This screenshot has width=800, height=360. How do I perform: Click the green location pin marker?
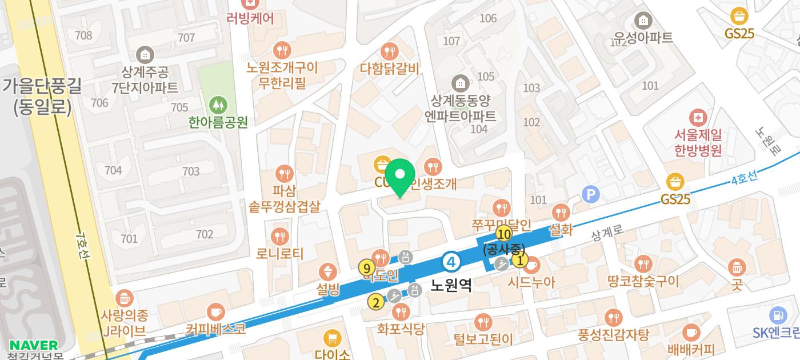(401, 175)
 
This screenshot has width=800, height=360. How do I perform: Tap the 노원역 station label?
(451, 285)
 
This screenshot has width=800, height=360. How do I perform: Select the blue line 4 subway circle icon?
(451, 262)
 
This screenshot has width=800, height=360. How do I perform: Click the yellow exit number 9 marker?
(366, 267)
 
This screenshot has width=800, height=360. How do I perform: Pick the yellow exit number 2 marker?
(375, 302)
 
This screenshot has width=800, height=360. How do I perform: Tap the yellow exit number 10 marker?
(503, 234)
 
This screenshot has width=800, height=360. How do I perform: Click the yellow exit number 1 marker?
(519, 261)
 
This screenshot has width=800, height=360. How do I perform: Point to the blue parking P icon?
(590, 195)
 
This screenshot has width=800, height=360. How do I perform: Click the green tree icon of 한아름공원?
(218, 105)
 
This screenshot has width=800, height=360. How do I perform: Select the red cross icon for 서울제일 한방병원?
(698, 118)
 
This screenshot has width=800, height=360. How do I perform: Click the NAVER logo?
(34, 345)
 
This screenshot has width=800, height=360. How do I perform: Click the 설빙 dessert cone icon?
(328, 271)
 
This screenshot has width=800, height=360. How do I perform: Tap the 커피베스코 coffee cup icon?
(215, 312)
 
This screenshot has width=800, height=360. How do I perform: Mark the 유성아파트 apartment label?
(643, 37)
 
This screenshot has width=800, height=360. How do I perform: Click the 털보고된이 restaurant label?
(483, 339)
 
